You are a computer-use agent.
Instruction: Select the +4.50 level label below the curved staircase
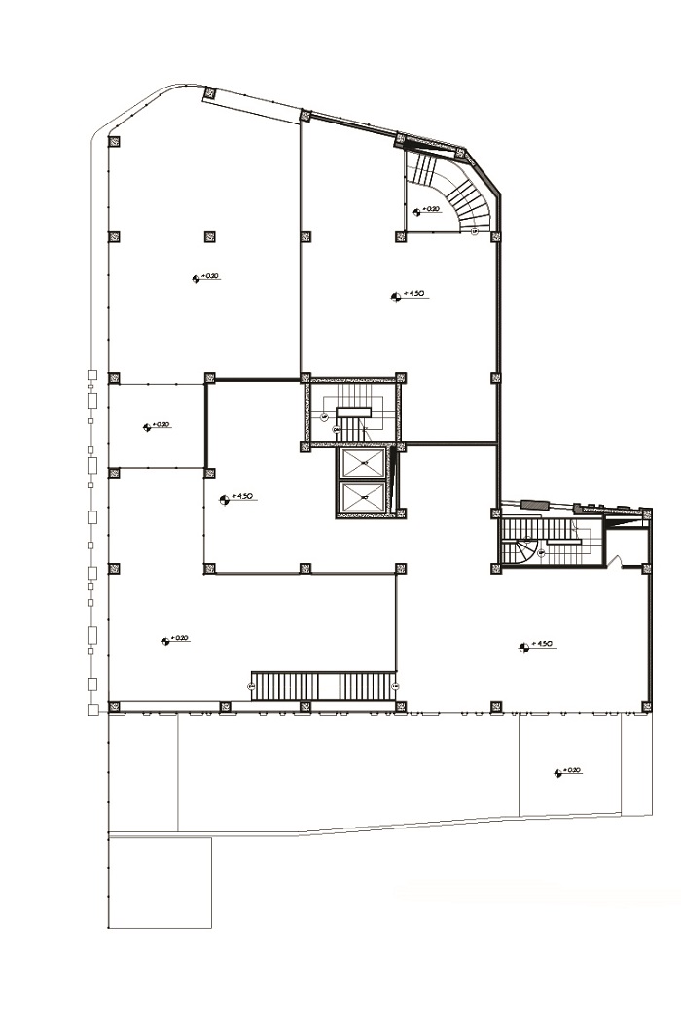[x=409, y=294]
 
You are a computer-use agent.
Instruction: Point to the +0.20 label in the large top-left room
[x=206, y=277]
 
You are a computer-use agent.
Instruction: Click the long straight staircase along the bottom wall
[x=324, y=686]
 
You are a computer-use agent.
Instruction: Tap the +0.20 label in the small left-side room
[x=158, y=425]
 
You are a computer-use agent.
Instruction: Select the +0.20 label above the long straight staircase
[x=174, y=639]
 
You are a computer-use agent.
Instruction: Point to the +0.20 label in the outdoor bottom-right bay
[x=567, y=771]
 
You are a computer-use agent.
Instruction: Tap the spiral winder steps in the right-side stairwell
[x=526, y=551]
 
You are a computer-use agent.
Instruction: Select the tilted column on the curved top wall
[x=208, y=93]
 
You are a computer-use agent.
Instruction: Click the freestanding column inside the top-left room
[x=208, y=235]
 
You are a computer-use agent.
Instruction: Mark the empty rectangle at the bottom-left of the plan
[x=160, y=882]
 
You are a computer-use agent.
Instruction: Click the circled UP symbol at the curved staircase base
[x=474, y=232]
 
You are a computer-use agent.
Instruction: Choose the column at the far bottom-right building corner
[x=645, y=706]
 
